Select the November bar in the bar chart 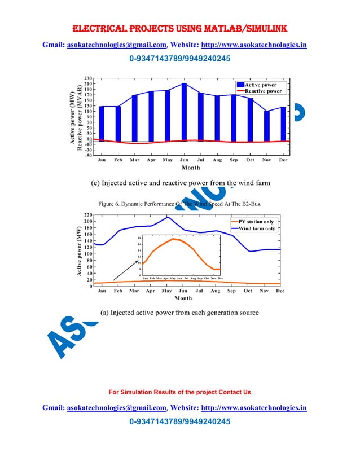(x=267, y=125)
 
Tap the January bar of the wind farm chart (x=102, y=123)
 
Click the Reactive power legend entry (x=263, y=91)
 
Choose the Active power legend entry (x=260, y=85)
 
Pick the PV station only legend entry (x=256, y=222)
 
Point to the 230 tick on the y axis (x=88, y=78)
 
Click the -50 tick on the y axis (x=88, y=156)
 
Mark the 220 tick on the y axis (x=88, y=215)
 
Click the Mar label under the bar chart (x=134, y=160)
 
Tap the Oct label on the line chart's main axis (x=248, y=291)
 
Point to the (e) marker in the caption (x=96, y=183)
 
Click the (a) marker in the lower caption (x=104, y=312)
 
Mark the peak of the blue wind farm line (x=167, y=217)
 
